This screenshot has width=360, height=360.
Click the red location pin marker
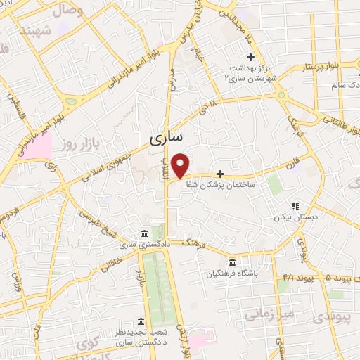click(181, 165)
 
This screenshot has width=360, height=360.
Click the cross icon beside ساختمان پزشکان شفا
click(221, 173)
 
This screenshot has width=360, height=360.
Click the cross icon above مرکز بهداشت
click(250, 57)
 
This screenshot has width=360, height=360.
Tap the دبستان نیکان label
click(295, 218)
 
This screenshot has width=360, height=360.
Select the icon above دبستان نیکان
click(295, 207)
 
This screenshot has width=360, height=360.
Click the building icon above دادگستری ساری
click(145, 234)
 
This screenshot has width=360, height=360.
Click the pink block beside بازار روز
click(39, 145)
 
